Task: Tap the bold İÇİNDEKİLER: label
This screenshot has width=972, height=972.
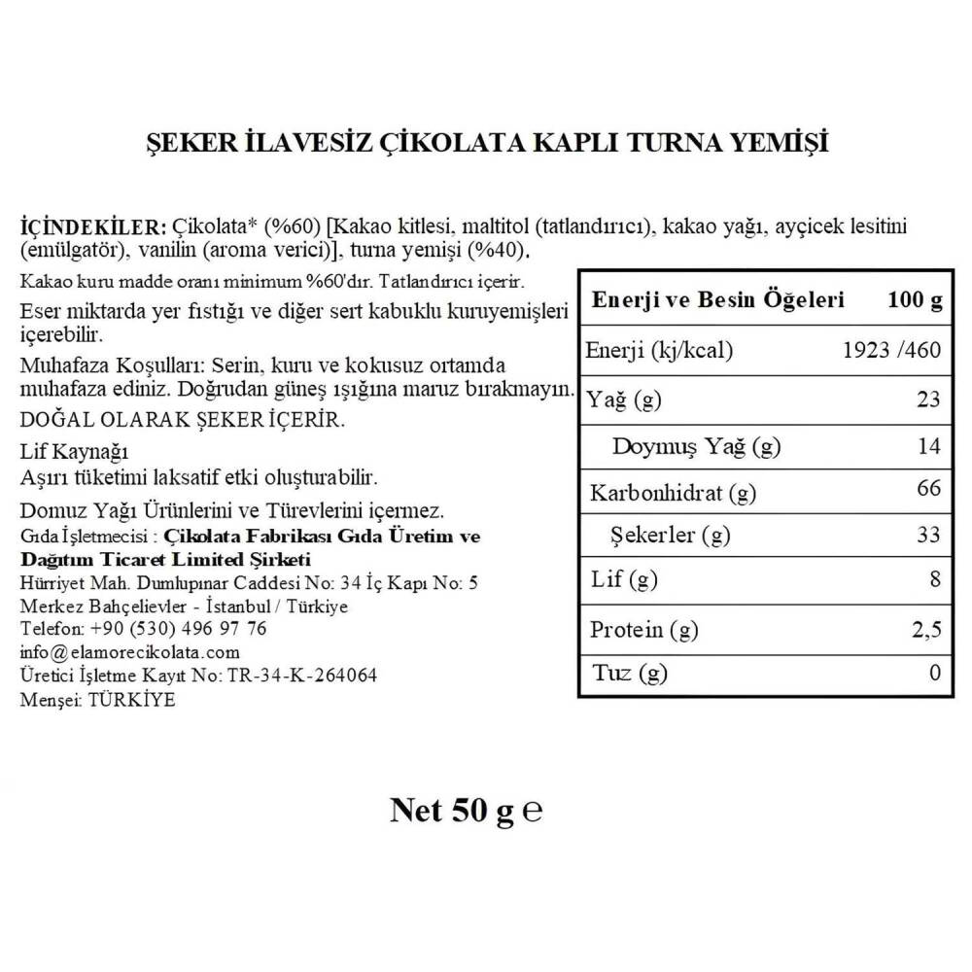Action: coord(94,227)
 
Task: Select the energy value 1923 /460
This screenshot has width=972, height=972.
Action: coord(890,350)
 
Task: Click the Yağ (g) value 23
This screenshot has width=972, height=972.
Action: coord(928,399)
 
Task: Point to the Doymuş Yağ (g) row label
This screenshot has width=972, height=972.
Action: coord(696,446)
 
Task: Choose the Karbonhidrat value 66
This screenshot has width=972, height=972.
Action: coord(928,488)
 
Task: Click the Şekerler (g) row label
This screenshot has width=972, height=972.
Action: coord(670,535)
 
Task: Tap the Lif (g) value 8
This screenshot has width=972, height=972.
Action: coord(934,580)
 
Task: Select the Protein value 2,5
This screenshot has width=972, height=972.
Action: coord(926,629)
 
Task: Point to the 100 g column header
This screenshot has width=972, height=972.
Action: coord(915,300)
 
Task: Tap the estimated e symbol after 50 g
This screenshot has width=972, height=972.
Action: coord(532,812)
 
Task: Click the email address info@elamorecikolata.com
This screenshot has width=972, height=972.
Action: coord(129,652)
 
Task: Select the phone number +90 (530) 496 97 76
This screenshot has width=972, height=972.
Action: coord(178,629)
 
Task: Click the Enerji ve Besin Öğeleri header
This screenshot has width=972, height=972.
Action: coord(718,300)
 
